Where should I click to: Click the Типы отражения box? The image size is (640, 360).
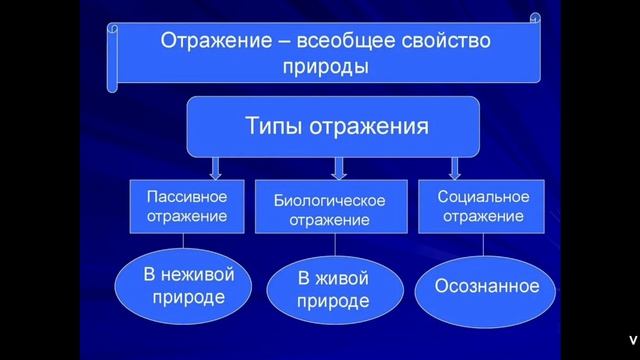[336, 127]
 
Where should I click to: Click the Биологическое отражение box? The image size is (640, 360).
[329, 209]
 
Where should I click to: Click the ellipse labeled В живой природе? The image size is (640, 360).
[334, 288]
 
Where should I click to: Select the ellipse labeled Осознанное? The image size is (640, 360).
[487, 286]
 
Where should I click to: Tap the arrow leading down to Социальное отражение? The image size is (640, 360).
[456, 166]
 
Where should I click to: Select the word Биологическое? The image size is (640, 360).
[329, 200]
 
